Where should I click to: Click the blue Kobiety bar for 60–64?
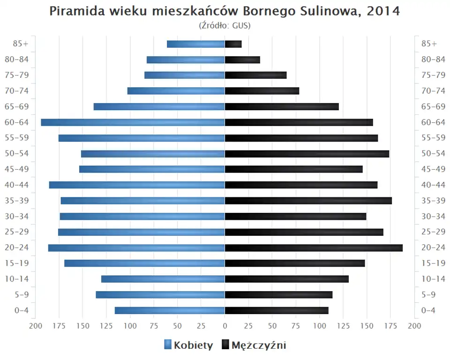(x=133, y=122)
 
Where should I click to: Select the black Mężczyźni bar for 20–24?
(x=314, y=247)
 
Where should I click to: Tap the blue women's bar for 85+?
(x=196, y=44)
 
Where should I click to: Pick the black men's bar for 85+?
(x=233, y=44)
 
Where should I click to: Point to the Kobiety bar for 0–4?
(x=170, y=310)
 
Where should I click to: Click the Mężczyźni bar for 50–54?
(x=307, y=154)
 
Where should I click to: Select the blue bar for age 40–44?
(x=137, y=185)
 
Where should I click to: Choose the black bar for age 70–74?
(x=262, y=91)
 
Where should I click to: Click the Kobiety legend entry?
(x=188, y=345)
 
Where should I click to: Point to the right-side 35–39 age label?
(x=433, y=201)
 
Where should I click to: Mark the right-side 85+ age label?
(x=429, y=44)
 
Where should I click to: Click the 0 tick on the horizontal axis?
(x=225, y=326)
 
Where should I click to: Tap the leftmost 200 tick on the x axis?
(x=35, y=326)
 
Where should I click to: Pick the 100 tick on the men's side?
(x=320, y=326)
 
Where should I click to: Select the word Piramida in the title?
(x=75, y=11)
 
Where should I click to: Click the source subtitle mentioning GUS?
(x=225, y=26)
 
